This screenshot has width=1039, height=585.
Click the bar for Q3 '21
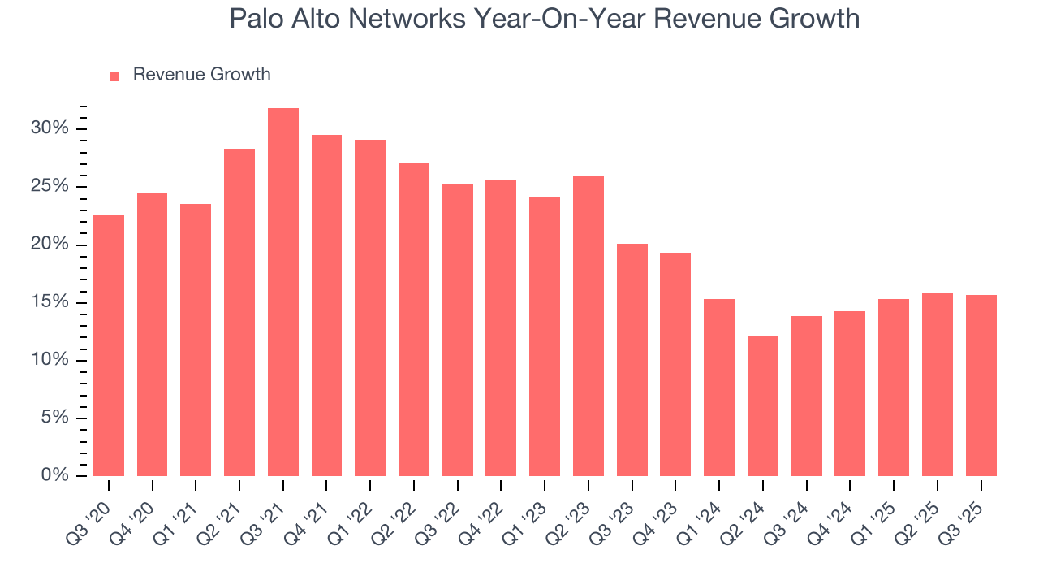point(283,292)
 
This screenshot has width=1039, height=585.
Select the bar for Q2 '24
point(763,406)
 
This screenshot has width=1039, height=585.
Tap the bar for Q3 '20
point(109,345)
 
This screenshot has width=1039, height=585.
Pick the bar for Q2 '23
point(588,325)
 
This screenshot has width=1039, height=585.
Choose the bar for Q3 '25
point(981,385)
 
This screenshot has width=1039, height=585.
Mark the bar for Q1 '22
point(370,308)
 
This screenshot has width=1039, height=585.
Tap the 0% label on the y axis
point(54,475)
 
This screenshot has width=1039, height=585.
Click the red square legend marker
point(114,76)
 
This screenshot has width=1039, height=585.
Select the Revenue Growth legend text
point(201,75)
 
